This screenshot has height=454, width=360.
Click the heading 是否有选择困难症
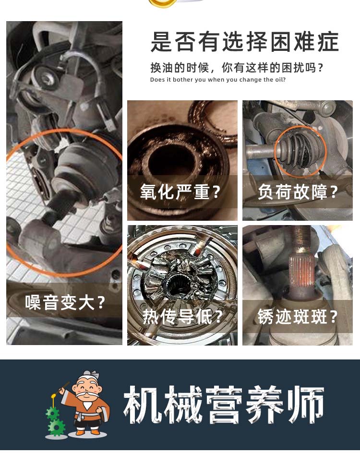[x=245, y=42]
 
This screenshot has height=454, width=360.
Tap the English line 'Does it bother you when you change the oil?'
[x=218, y=80]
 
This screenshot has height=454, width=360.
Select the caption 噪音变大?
[x=65, y=302]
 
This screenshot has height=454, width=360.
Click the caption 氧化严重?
[x=180, y=191]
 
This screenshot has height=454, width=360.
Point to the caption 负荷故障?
[x=298, y=191]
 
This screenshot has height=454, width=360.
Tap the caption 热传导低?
[x=182, y=316]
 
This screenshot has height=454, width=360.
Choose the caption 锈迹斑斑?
[x=298, y=316]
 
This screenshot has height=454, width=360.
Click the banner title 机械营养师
[x=224, y=405]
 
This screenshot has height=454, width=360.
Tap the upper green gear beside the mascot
[x=52, y=414]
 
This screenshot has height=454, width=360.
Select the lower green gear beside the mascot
[x=57, y=428]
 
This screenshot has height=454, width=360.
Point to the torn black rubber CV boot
[x=299, y=152]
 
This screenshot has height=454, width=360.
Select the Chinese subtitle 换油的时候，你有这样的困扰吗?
[x=236, y=68]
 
